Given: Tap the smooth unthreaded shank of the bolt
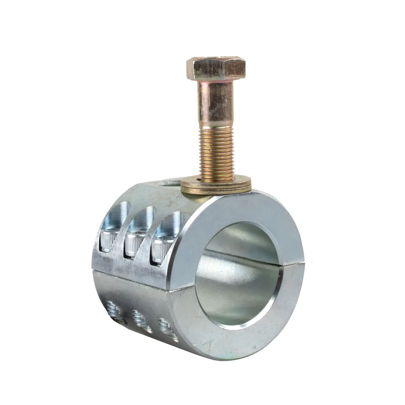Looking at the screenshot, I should (216, 101).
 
